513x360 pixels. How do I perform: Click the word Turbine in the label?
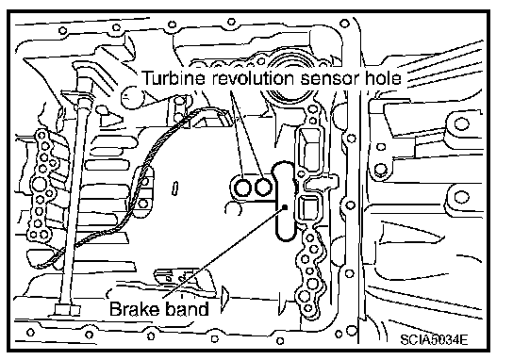[x=174, y=78]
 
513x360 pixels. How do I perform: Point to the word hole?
[x=382, y=78]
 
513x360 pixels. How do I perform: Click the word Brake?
[x=135, y=309]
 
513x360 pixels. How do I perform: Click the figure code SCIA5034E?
[x=434, y=339]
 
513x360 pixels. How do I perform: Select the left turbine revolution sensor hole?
[x=243, y=188]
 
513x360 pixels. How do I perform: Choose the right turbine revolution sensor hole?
[x=263, y=188]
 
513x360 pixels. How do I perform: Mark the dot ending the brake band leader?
[x=285, y=206]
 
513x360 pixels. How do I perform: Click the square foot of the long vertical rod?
[x=67, y=310]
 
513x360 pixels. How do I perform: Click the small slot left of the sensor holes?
[x=175, y=188]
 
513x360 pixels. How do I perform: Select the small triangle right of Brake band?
[x=224, y=295]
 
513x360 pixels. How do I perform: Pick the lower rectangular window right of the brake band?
[x=308, y=209]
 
